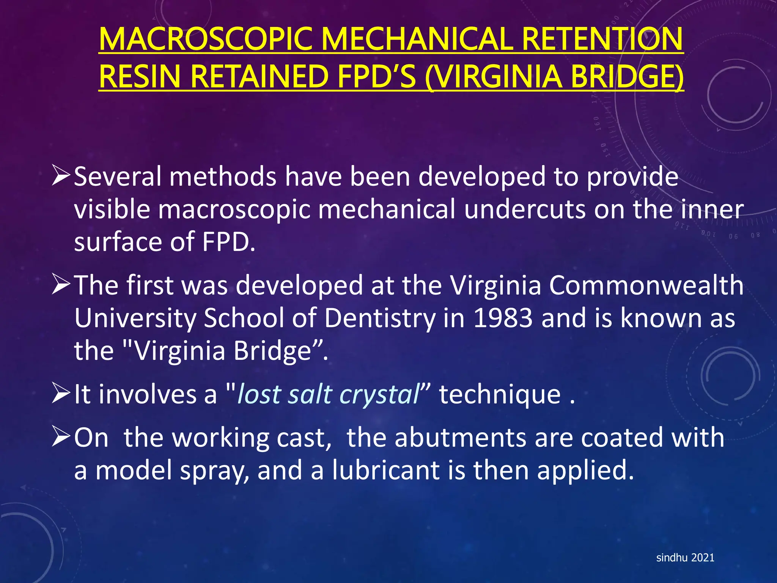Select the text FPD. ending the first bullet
(229, 242)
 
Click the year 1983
(503, 318)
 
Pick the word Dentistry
(380, 318)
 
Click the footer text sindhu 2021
(685, 558)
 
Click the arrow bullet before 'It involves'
(61, 394)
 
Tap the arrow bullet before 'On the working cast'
(61, 437)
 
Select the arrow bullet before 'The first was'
(61, 285)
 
